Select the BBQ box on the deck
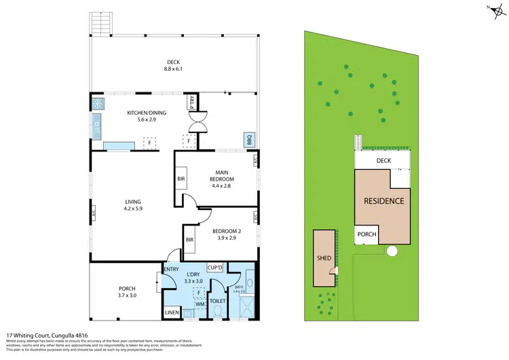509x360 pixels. pyautogui.click(x=249, y=141)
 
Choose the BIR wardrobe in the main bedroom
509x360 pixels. pyautogui.click(x=181, y=179)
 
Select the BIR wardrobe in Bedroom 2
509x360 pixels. pyautogui.click(x=190, y=239)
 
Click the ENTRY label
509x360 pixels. pyautogui.click(x=171, y=270)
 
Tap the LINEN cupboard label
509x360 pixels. pyautogui.click(x=172, y=312)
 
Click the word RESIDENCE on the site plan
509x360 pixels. pyautogui.click(x=384, y=201)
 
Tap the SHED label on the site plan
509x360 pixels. pyautogui.click(x=323, y=258)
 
